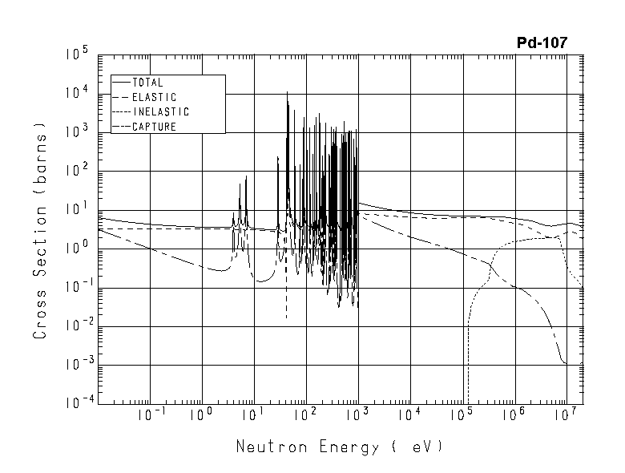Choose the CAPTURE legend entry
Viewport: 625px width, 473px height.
coord(154,126)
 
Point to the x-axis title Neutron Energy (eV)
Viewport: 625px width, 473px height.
coord(339,447)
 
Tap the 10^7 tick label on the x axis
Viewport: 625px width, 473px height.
coord(567,415)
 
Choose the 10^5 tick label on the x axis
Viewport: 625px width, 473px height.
coord(462,415)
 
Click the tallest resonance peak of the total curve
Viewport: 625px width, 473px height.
coord(287,93)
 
